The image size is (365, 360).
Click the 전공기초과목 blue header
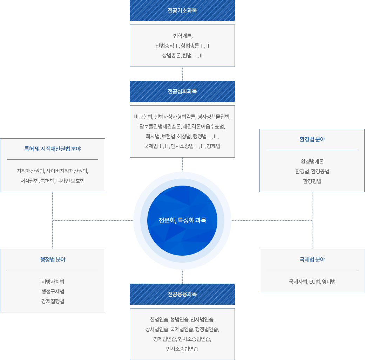coord(182,11)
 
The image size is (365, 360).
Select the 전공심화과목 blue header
coord(182,91)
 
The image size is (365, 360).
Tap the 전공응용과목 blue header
coord(182,294)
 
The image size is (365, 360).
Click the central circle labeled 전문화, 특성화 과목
coord(182,221)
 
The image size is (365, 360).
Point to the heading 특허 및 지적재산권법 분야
coord(53,149)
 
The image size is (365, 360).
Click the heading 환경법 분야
coord(312,139)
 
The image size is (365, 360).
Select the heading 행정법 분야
coord(53,259)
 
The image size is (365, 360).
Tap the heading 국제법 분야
coord(312,259)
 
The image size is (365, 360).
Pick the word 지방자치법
coord(53,282)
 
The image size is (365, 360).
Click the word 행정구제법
coord(53,291)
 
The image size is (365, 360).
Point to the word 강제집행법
coord(53,301)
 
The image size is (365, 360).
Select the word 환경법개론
coord(312,161)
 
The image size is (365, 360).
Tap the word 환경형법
coord(312,181)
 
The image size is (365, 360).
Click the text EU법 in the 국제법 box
coord(315,282)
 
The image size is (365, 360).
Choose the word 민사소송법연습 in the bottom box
coord(182,349)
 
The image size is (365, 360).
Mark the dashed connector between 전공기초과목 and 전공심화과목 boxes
coord(182,74)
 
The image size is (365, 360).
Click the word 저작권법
coord(29,181)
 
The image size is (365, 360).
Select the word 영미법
coord(329,282)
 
